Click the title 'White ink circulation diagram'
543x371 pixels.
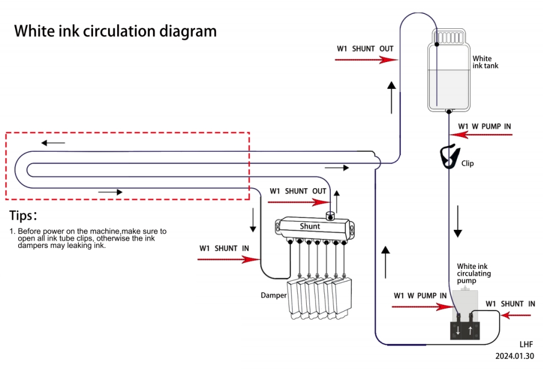click(x=115, y=30)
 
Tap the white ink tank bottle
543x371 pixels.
click(x=448, y=75)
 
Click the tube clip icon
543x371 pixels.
click(x=447, y=156)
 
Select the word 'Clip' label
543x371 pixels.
click(x=467, y=164)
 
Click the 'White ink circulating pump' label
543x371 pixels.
click(x=474, y=274)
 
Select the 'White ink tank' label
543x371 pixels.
click(x=485, y=62)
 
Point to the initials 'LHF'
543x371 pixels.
click(x=526, y=344)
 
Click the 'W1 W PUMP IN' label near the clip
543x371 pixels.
click(x=484, y=127)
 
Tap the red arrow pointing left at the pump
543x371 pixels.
click(x=516, y=315)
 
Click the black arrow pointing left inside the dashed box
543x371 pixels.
click(x=53, y=143)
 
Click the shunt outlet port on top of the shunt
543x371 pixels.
click(x=330, y=216)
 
